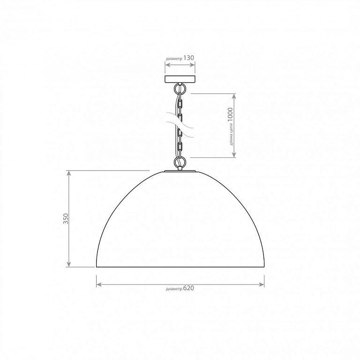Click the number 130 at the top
[188, 58]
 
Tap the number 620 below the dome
[188, 288]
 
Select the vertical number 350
[66, 218]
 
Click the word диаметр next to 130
[174, 59]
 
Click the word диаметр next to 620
[174, 289]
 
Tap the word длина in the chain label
[231, 140]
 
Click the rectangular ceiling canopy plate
[180, 79]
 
